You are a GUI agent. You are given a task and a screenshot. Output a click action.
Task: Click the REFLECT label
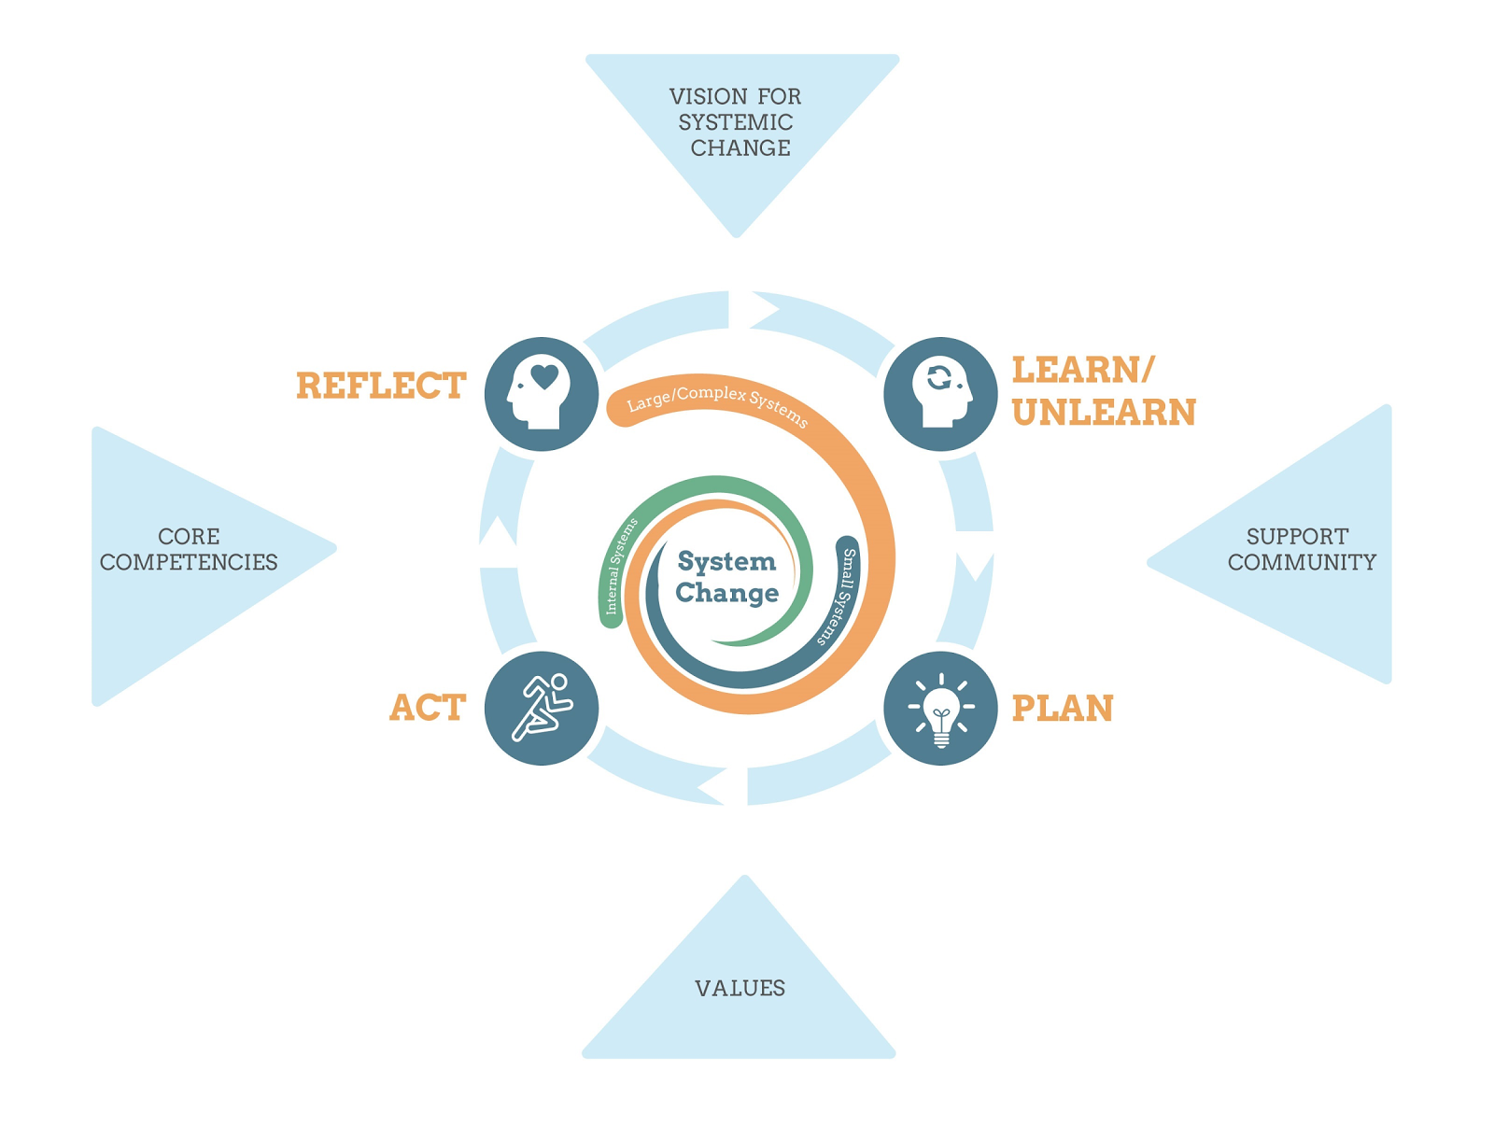coord(381,387)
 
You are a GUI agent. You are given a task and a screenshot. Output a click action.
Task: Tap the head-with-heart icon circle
coord(542,394)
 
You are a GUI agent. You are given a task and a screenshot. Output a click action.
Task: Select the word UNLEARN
coord(1104,413)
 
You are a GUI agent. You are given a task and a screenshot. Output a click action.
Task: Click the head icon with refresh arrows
coord(940,394)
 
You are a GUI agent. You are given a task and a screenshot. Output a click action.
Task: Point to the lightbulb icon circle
coord(940,708)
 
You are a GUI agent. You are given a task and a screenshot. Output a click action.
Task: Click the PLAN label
coord(1063,709)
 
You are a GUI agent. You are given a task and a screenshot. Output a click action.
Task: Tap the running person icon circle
coord(542,708)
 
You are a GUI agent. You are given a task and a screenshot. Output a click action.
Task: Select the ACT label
coord(428,709)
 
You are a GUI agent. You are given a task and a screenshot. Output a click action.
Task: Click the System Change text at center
coord(727,577)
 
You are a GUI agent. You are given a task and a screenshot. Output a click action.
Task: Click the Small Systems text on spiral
coord(837,598)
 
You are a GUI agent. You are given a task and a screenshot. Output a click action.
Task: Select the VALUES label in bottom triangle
coord(740,988)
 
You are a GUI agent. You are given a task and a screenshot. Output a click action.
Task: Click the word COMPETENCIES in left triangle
coord(189,562)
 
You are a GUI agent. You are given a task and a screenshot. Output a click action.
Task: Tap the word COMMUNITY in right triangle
coord(1302,562)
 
